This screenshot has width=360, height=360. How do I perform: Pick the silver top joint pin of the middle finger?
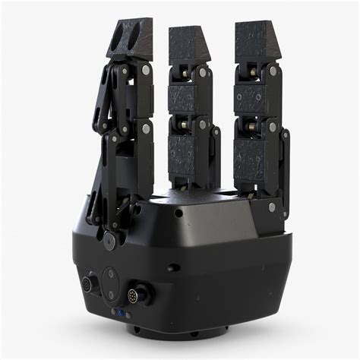point(203,73)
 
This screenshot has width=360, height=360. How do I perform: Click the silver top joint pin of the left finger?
point(145,70)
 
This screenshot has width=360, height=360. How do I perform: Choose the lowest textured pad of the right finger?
point(249,156)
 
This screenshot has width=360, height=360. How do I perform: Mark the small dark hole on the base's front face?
point(175,267)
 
